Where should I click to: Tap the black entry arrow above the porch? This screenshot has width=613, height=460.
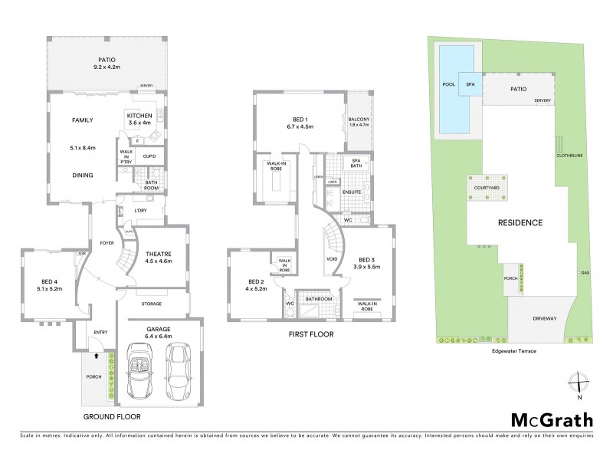95,356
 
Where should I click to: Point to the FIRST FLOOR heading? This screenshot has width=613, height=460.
311,334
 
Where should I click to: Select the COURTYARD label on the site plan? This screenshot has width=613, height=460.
487,187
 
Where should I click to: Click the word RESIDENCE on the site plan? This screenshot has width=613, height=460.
521,223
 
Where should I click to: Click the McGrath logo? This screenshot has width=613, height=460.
551,420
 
